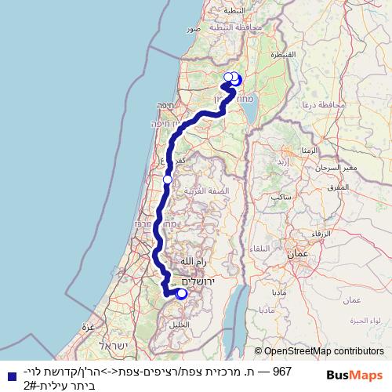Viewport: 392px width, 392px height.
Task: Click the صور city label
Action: tap(194, 28)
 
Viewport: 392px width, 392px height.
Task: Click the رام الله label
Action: tap(191, 261)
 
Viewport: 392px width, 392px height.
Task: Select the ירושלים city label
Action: tap(198, 281)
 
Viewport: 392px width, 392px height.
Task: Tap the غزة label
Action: tap(89, 326)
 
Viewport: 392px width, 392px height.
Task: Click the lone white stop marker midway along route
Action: tap(167, 180)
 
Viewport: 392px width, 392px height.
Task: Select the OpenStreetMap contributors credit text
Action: tap(324, 352)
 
